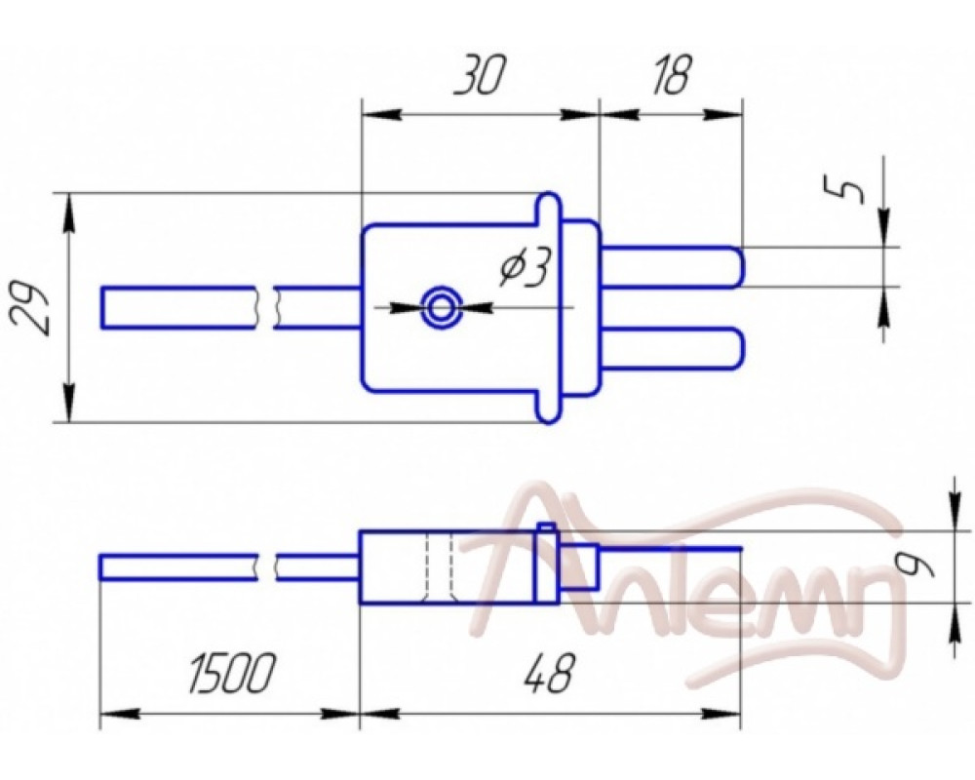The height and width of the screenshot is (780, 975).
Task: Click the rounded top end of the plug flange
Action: pos(549,205)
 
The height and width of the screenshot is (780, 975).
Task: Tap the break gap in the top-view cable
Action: pos(266,307)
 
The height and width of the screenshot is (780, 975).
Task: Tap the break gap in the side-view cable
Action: pos(266,566)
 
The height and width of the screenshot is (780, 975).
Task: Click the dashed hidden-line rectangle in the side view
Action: pos(441,567)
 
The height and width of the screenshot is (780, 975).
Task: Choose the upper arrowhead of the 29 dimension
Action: pos(70,210)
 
